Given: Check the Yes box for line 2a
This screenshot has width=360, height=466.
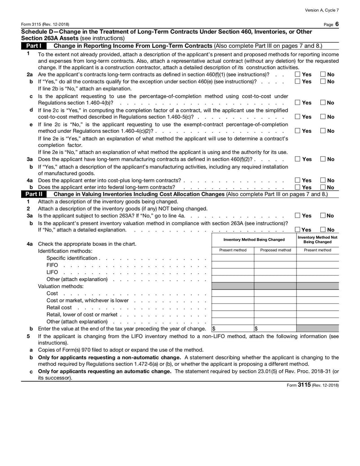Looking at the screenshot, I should click(298, 74).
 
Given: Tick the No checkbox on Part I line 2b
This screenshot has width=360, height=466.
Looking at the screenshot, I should click(323, 81).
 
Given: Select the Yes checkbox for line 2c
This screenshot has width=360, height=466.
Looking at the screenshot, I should click(298, 103).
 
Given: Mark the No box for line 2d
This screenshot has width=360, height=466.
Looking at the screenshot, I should click(323, 117).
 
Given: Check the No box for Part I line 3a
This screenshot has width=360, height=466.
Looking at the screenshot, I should click(323, 159).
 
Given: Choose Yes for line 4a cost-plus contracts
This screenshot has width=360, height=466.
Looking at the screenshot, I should click(298, 181).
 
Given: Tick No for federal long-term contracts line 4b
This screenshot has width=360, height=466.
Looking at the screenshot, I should click(323, 187).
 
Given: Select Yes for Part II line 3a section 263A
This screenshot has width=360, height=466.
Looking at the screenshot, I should click(298, 216).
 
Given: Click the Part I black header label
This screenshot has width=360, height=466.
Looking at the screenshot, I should click(34, 46).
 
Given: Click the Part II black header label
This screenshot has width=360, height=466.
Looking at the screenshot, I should click(34, 194).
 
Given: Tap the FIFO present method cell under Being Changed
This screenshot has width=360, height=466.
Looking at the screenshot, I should click(233, 266).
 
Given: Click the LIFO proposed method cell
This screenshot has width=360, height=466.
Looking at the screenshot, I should click(275, 273).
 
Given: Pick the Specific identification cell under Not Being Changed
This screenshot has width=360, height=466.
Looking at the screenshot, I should click(317, 258).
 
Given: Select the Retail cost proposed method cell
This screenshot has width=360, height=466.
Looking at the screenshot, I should click(275, 307).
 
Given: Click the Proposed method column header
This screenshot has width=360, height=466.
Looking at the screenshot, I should click(275, 250).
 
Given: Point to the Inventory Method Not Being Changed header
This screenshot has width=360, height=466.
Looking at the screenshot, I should click(317, 240).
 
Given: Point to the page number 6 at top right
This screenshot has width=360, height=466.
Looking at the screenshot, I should click(337, 23).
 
